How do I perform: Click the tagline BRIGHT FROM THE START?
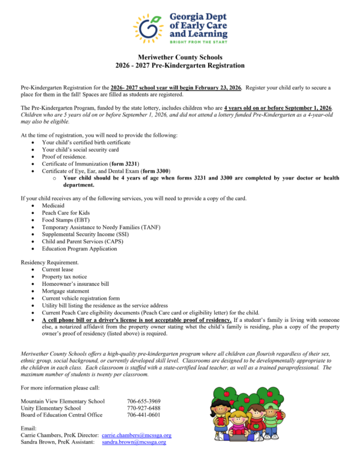198,42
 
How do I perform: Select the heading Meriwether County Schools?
180,58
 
